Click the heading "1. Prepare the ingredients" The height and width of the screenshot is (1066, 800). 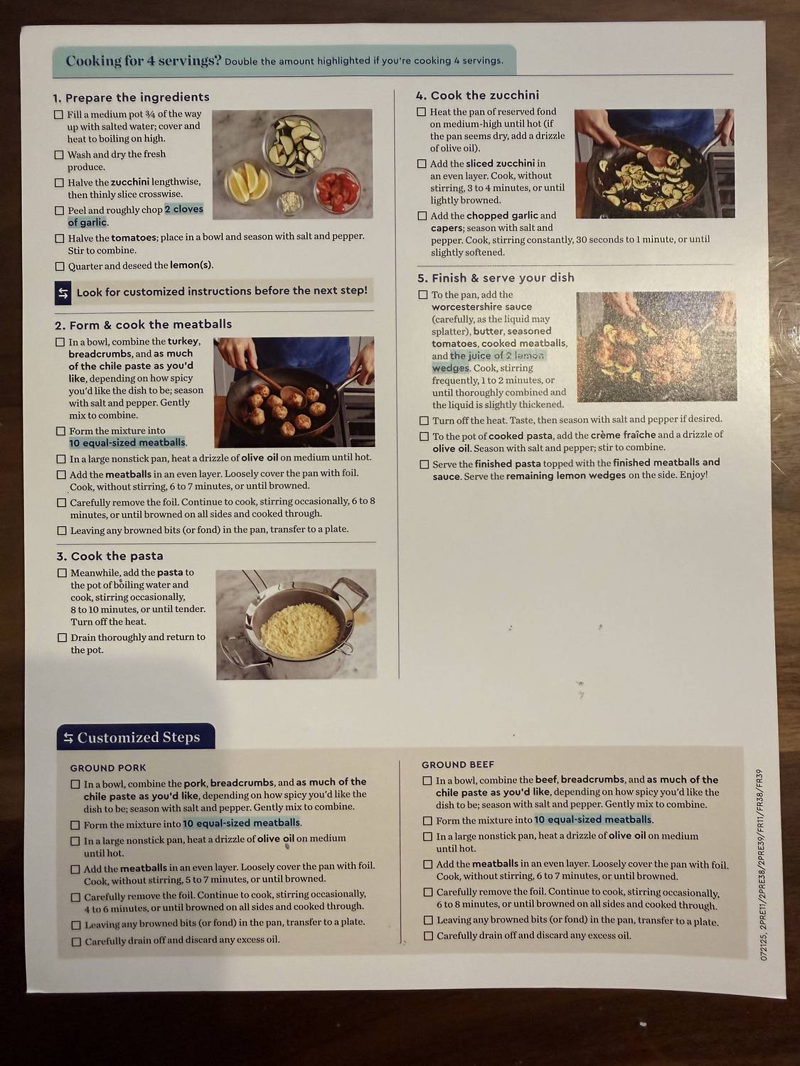(x=131, y=97)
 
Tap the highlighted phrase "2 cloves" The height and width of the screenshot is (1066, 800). (x=184, y=209)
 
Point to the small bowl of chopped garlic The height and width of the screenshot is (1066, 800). (x=289, y=201)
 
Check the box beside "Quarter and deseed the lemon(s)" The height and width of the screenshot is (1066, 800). (x=60, y=266)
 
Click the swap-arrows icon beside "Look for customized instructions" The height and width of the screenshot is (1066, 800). (x=63, y=293)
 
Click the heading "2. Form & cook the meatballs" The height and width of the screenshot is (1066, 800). (x=143, y=325)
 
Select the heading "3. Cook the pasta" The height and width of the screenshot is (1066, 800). (x=110, y=556)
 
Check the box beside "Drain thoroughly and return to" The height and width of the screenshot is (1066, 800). (x=62, y=637)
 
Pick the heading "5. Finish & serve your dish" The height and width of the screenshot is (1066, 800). (x=496, y=278)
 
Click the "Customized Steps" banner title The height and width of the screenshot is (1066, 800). (x=138, y=738)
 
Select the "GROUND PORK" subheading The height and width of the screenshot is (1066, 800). (x=108, y=768)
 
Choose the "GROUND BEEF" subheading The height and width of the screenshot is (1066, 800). (x=457, y=765)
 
